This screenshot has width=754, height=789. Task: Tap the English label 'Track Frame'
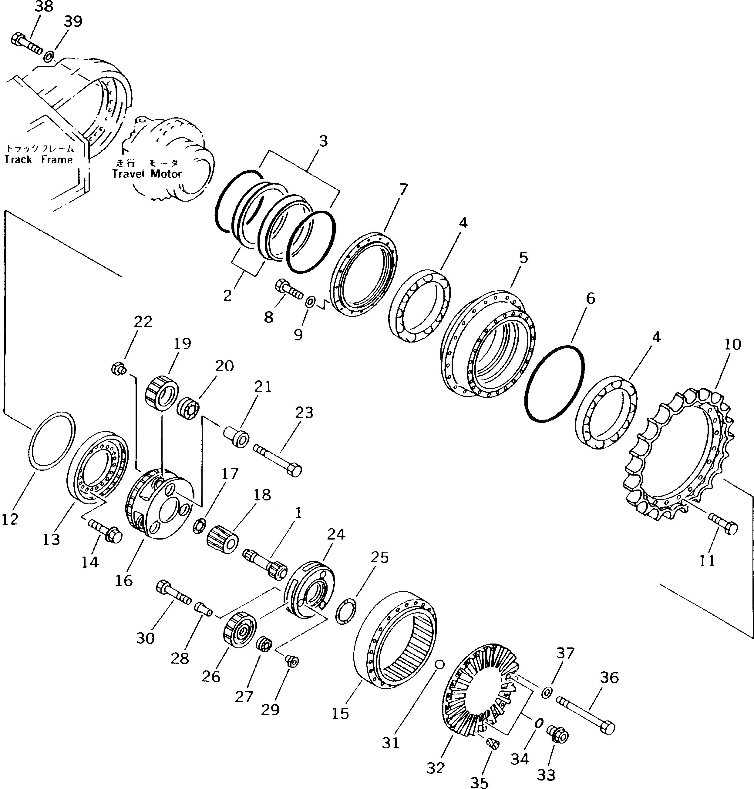coord(39,159)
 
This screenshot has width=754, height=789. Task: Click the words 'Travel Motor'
coord(147,174)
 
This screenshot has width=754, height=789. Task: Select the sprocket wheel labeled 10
coord(679,454)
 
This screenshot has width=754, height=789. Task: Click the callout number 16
coord(124,580)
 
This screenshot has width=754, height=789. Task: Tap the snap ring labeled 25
coord(346,611)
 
